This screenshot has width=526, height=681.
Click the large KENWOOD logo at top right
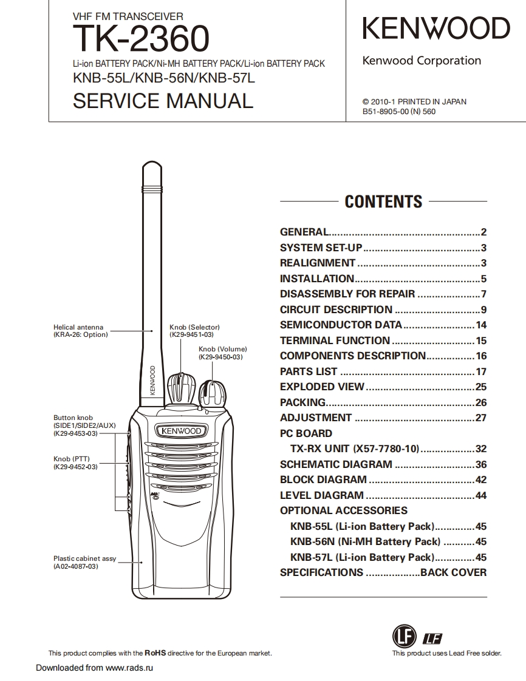[436, 29]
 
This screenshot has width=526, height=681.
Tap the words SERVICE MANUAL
[162, 100]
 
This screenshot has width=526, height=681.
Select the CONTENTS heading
[383, 202]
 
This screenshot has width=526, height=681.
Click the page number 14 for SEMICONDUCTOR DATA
[481, 325]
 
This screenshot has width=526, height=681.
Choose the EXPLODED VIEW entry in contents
[322, 387]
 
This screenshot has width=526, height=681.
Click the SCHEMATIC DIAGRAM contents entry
[336, 465]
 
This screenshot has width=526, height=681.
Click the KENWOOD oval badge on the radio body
[181, 431]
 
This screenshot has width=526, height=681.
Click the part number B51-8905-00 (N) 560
[398, 112]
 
